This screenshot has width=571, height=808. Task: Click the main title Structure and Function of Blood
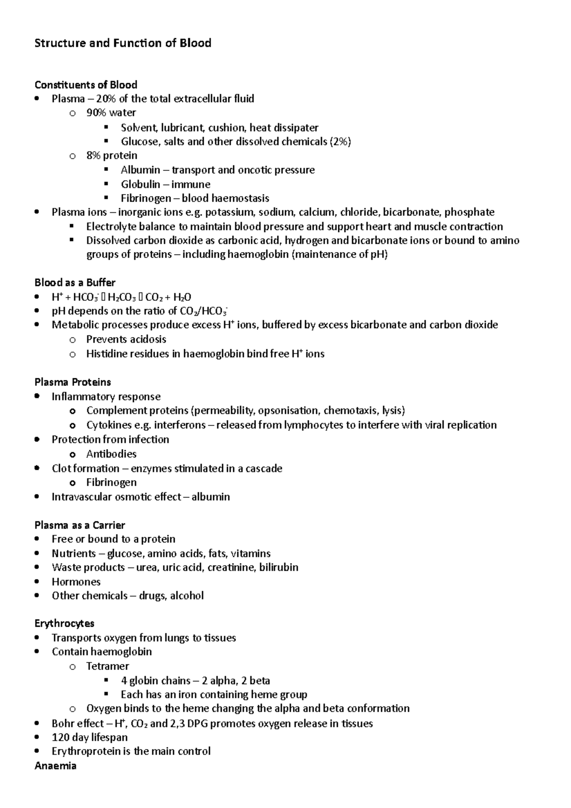pyautogui.click(x=123, y=43)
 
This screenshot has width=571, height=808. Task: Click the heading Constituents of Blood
pyautogui.click(x=86, y=85)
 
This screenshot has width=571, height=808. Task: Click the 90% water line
pyautogui.click(x=111, y=113)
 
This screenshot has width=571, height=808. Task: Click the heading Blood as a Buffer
pyautogui.click(x=75, y=283)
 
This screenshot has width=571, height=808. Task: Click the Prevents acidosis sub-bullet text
pyautogui.click(x=126, y=339)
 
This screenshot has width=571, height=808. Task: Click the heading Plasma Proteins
pyautogui.click(x=73, y=382)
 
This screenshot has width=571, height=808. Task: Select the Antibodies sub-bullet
pyautogui.click(x=111, y=454)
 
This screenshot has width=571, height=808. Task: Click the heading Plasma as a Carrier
pyautogui.click(x=79, y=525)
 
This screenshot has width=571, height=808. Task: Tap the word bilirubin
pyautogui.click(x=278, y=567)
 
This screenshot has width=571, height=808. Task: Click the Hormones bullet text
pyautogui.click(x=76, y=581)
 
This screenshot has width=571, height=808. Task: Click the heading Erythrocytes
pyautogui.click(x=64, y=623)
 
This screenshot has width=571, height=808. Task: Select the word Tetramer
pyautogui.click(x=108, y=666)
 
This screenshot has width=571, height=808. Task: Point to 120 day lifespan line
pyautogui.click(x=89, y=737)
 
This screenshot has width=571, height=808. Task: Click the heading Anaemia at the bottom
pyautogui.click(x=56, y=766)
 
